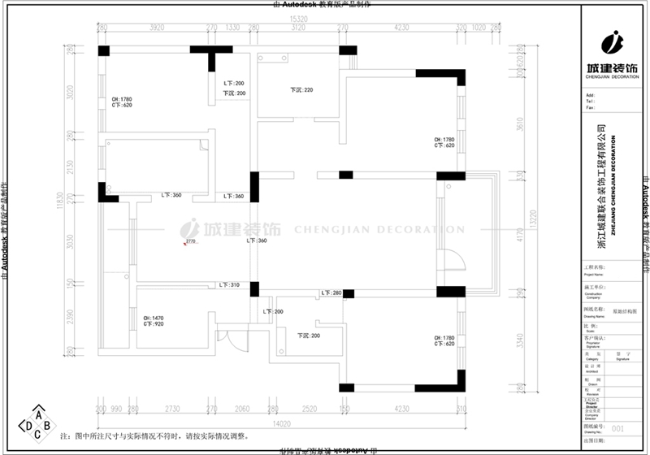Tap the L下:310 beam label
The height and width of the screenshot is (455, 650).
228,285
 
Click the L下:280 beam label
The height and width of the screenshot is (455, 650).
331,292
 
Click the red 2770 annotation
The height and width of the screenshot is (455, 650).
191,241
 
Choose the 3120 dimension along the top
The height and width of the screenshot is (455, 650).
298,28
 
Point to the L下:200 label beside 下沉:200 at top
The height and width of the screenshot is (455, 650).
234,84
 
